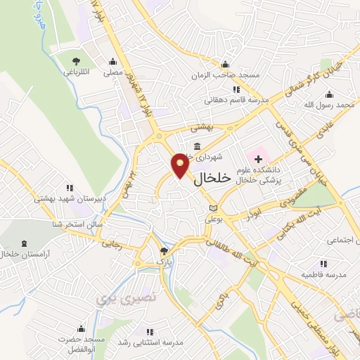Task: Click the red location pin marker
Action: coord(181,165)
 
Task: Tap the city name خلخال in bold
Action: coord(211,179)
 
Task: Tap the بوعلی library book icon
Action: coord(214,208)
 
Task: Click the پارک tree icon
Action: coord(164,250)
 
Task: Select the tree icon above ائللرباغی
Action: coord(76,60)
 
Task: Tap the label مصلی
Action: coord(113,72)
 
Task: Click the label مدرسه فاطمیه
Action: coord(323,275)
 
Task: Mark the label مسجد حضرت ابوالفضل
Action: coord(81,344)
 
